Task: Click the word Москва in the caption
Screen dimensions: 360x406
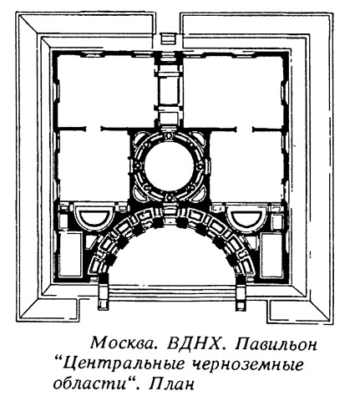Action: pyautogui.click(x=122, y=343)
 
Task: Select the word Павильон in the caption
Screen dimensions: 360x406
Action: pyautogui.click(x=276, y=344)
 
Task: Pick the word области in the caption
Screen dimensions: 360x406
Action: pyautogui.click(x=94, y=384)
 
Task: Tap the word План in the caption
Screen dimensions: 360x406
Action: pyautogui.click(x=171, y=384)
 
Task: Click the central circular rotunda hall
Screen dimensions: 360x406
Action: pyautogui.click(x=170, y=166)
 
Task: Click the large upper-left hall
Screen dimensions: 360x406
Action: pyautogui.click(x=106, y=91)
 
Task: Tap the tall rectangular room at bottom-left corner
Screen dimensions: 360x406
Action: pyautogui.click(x=71, y=255)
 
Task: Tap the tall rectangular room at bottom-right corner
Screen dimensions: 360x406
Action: pyautogui.click(x=271, y=255)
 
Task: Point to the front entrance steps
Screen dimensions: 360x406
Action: pyautogui.click(x=171, y=292)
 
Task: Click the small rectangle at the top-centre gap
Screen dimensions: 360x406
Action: pyautogui.click(x=167, y=38)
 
